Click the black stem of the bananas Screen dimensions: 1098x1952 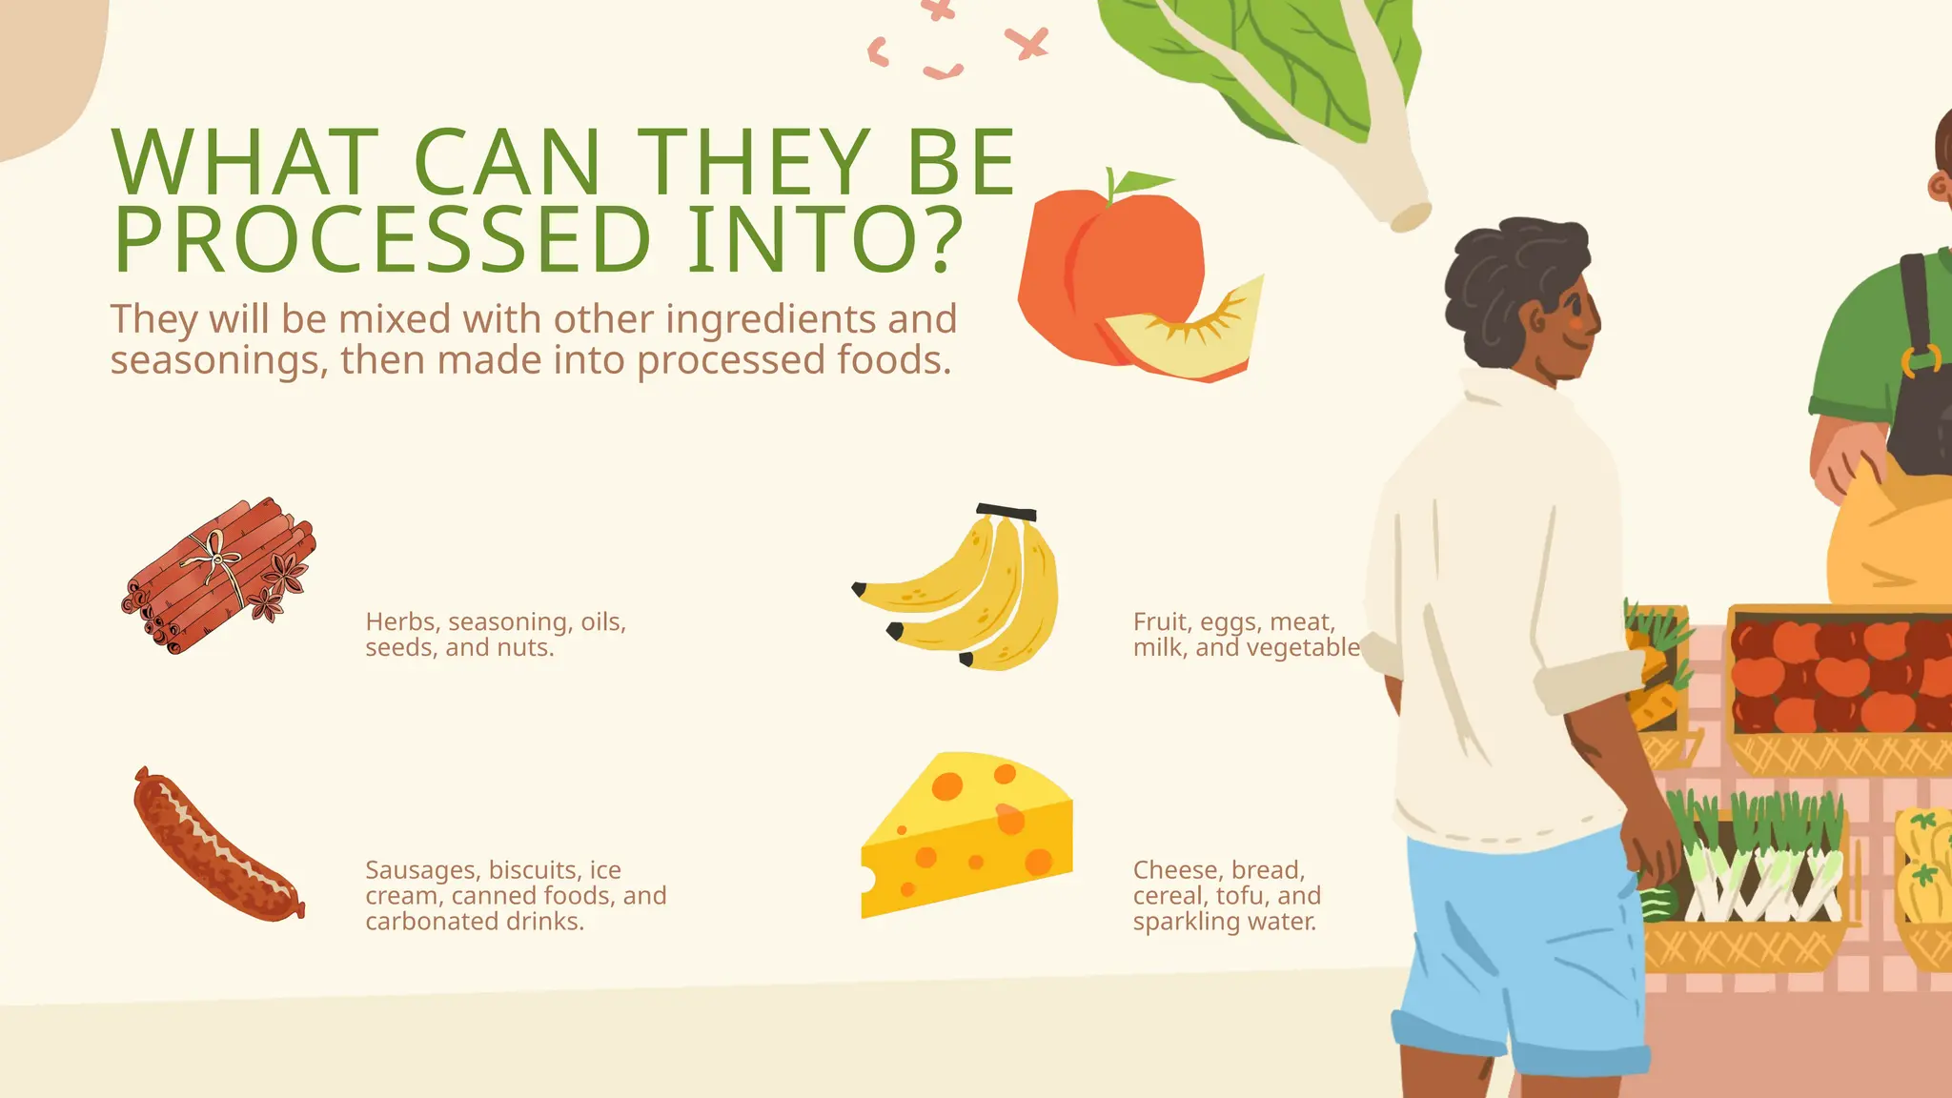tap(1006, 512)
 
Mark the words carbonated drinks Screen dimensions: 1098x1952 tap(474, 922)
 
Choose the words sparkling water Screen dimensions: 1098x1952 tap(1224, 922)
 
